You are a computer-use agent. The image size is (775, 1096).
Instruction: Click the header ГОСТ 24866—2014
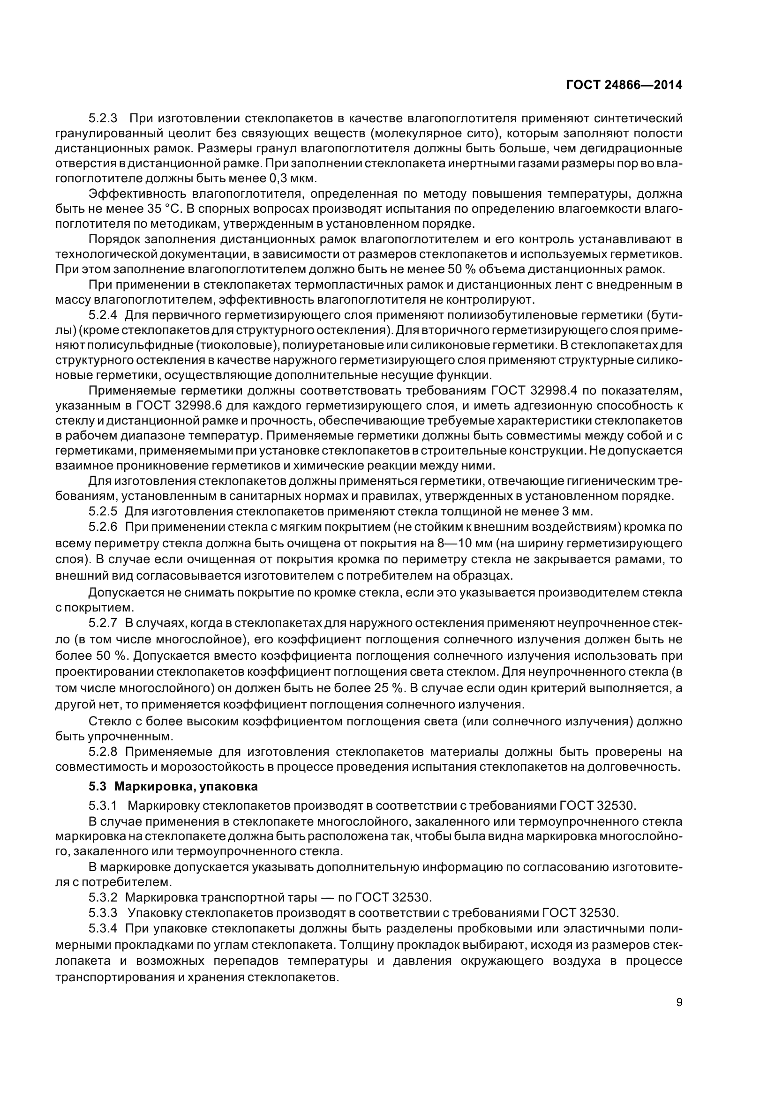click(x=624, y=85)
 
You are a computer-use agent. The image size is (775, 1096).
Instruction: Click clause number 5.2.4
click(x=103, y=315)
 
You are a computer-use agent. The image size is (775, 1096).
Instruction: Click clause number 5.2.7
click(x=103, y=623)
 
